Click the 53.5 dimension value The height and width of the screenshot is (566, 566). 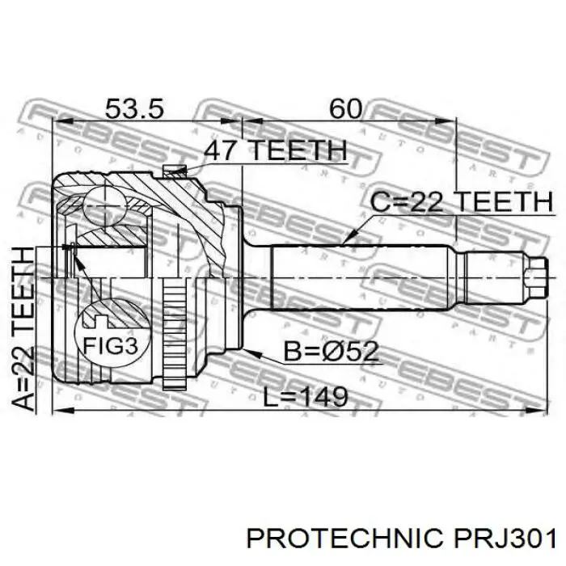pos(135,108)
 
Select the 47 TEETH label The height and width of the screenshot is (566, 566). pos(274,150)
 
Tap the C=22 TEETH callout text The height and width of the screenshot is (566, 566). pos(461,201)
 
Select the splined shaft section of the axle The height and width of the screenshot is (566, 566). pos(364,275)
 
